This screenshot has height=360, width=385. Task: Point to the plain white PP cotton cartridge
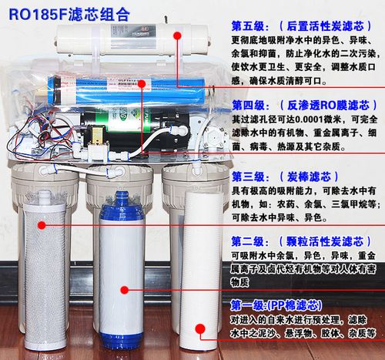pos(202,270)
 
